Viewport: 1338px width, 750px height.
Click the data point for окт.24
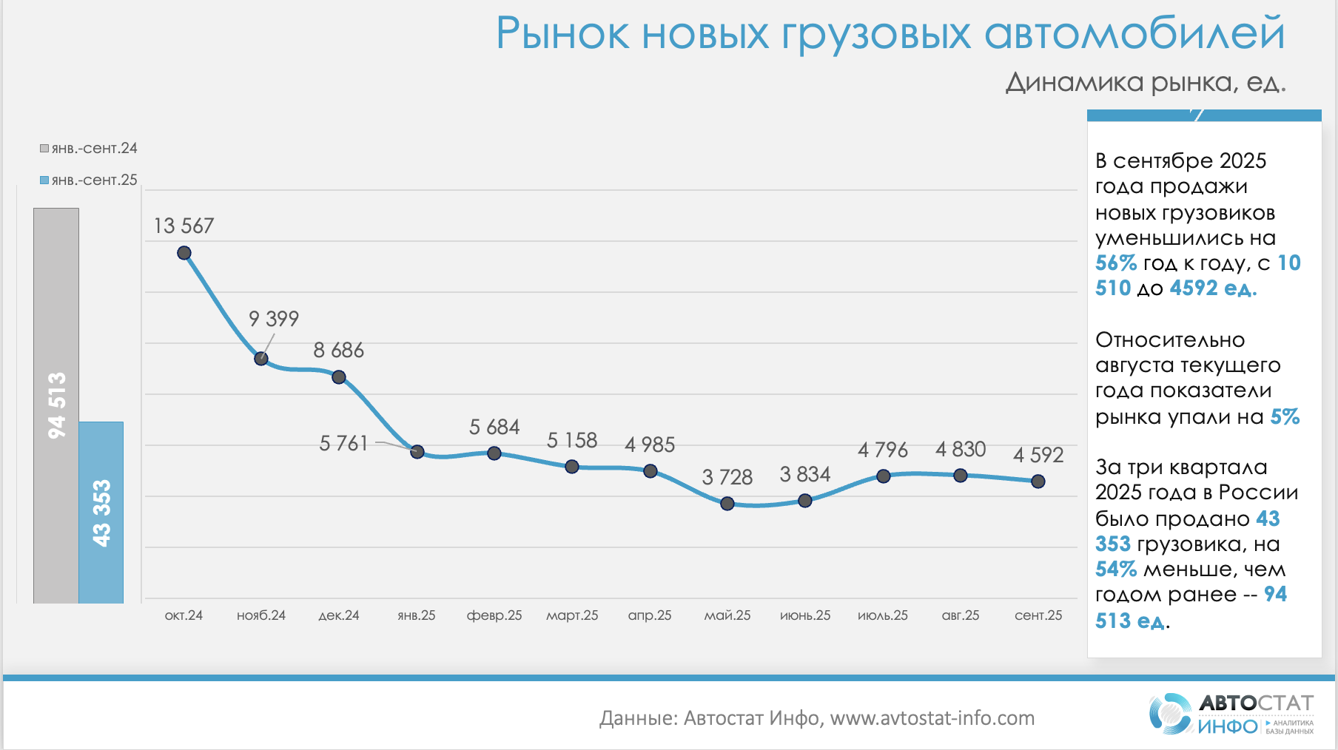pyautogui.click(x=184, y=253)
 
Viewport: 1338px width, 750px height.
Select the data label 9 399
pyautogui.click(x=274, y=319)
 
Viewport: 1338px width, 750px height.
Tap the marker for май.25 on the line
pyautogui.click(x=727, y=504)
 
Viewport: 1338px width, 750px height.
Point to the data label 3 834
pyautogui.click(x=805, y=474)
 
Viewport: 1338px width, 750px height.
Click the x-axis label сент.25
pyautogui.click(x=1038, y=615)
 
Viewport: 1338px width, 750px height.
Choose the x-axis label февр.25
pyautogui.click(x=494, y=615)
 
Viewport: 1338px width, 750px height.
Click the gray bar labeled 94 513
pyautogui.click(x=56, y=405)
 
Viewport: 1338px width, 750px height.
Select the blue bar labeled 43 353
pyautogui.click(x=101, y=513)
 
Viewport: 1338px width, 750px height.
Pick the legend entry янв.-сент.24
pyautogui.click(x=89, y=149)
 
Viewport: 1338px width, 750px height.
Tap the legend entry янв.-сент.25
pyautogui.click(x=89, y=180)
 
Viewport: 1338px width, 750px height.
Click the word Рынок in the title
pyautogui.click(x=562, y=34)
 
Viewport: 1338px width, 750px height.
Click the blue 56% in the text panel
pyautogui.click(x=1115, y=263)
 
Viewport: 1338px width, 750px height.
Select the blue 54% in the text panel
pyautogui.click(x=1115, y=570)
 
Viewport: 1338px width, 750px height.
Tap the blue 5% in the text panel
pyautogui.click(x=1285, y=417)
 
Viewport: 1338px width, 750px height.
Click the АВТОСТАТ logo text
pyautogui.click(x=1256, y=703)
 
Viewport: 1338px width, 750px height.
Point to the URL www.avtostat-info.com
pyautogui.click(x=932, y=718)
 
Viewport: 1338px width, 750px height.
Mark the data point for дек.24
pyautogui.click(x=339, y=377)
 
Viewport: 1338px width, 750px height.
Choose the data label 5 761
pyautogui.click(x=343, y=443)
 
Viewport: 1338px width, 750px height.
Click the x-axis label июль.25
pyautogui.click(x=883, y=615)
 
